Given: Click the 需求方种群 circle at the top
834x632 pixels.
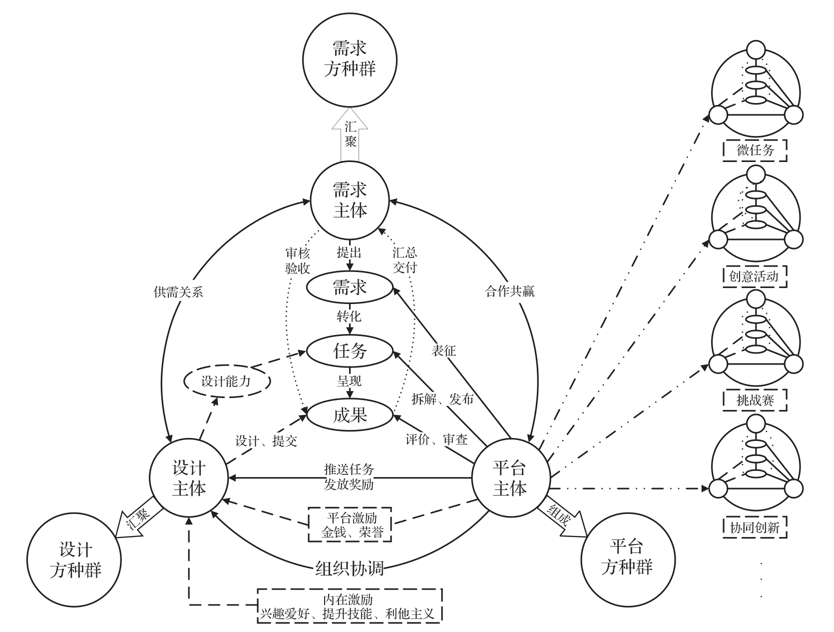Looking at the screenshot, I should click(x=350, y=59).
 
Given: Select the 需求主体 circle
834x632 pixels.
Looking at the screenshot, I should click(x=350, y=200).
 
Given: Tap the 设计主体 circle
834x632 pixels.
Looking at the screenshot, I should click(x=188, y=478).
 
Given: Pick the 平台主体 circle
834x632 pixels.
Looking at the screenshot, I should click(x=510, y=478).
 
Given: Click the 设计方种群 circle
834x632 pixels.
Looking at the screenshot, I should click(x=74, y=560).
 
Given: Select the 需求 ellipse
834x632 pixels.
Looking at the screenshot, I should click(x=350, y=287).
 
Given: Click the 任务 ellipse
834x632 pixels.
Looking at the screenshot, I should click(x=350, y=351).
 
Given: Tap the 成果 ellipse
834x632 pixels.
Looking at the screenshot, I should click(x=350, y=415).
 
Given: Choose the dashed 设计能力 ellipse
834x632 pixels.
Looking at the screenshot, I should click(x=227, y=381).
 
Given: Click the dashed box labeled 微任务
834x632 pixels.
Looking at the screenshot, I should click(x=755, y=150).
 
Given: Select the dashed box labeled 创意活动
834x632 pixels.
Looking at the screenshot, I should click(x=755, y=276).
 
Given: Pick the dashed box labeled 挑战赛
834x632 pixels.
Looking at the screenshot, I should click(x=755, y=400).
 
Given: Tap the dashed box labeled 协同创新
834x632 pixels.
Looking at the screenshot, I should click(x=755, y=527).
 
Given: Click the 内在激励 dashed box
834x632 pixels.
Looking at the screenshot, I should click(x=350, y=605).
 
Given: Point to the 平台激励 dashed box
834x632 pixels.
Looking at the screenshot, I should click(x=350, y=524).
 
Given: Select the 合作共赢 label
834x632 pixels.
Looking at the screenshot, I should click(x=509, y=291).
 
